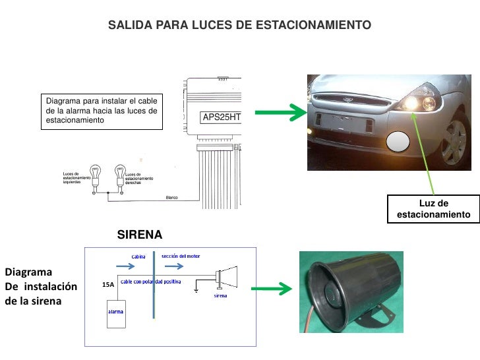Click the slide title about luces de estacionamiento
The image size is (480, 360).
coord(239,25)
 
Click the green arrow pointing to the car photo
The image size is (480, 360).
coord(280,113)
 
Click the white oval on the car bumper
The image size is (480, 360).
coord(398,143)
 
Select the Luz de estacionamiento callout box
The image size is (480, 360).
coord(433,209)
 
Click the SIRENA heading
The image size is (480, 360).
coord(139,235)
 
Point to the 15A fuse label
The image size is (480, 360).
coord(108,284)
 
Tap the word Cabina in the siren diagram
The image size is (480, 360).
coord(138,256)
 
